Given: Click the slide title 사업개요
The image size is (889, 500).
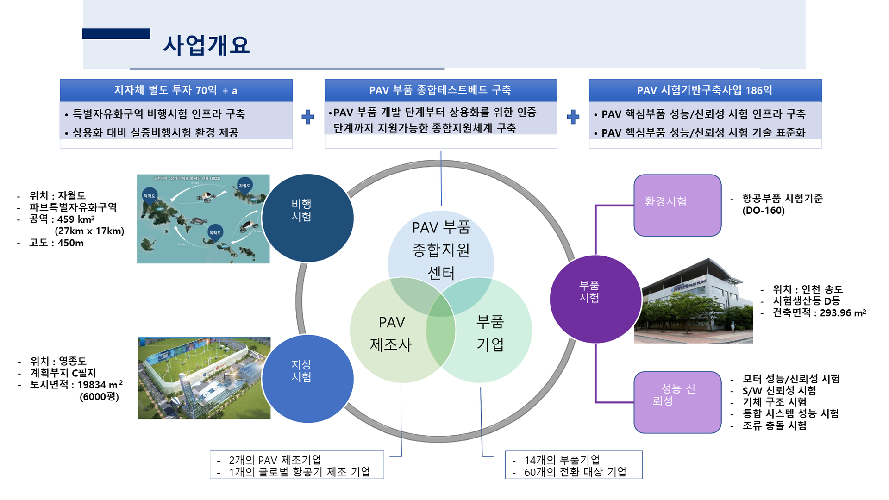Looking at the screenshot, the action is [x=207, y=45].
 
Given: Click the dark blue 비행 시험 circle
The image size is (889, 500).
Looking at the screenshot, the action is [x=307, y=218].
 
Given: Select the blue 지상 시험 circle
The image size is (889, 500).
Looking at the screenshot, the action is [x=307, y=378].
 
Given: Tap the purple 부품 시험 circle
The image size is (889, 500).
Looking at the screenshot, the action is [x=595, y=299].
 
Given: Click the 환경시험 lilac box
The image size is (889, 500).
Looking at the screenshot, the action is [x=677, y=205].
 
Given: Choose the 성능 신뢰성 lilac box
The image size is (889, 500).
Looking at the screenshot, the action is [x=677, y=402].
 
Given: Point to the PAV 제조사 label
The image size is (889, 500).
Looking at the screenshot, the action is [x=391, y=333].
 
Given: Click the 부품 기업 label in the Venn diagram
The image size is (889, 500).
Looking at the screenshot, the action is [x=490, y=333].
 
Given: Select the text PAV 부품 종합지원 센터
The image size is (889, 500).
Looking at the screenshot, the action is [x=441, y=250].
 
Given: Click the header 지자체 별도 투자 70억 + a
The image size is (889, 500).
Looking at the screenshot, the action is [x=176, y=90].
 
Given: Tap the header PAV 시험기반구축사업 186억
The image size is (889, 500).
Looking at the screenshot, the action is [x=705, y=90].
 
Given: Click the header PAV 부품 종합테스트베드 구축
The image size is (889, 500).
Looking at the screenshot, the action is [x=440, y=90].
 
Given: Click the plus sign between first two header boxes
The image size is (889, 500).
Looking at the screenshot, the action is [x=308, y=117].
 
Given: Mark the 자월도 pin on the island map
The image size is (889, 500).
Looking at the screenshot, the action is [x=244, y=186].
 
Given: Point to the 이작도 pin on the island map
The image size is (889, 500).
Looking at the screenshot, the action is [x=215, y=233].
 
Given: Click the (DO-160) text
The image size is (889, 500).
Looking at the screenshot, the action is [x=764, y=211].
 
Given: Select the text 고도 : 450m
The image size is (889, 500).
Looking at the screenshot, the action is [x=56, y=243].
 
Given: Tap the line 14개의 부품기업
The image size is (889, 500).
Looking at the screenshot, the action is [x=562, y=460].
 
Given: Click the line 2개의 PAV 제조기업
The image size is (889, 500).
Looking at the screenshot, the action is [x=275, y=460].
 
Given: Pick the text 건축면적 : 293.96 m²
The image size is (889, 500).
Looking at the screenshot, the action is [x=819, y=313].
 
